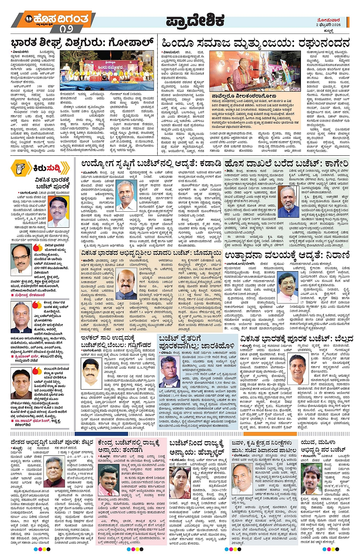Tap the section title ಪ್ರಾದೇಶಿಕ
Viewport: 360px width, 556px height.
pyautogui.click(x=195, y=21)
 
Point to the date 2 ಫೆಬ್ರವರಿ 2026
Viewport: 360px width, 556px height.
pyautogui.click(x=328, y=25)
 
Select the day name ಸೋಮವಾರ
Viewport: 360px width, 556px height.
pyautogui.click(x=328, y=20)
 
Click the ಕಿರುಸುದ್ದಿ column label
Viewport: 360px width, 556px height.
pyautogui.click(x=46, y=168)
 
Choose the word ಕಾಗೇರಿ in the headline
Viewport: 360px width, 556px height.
pyautogui.click(x=332, y=164)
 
